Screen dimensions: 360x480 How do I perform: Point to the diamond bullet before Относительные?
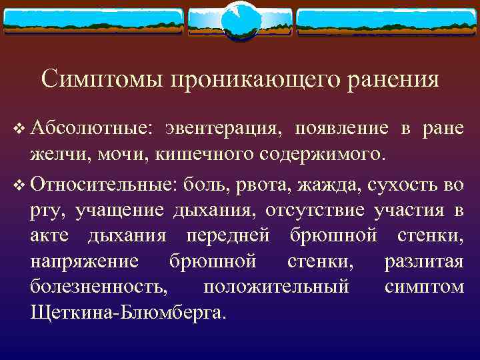click(18, 185)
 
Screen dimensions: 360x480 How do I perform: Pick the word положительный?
click(276, 286)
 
